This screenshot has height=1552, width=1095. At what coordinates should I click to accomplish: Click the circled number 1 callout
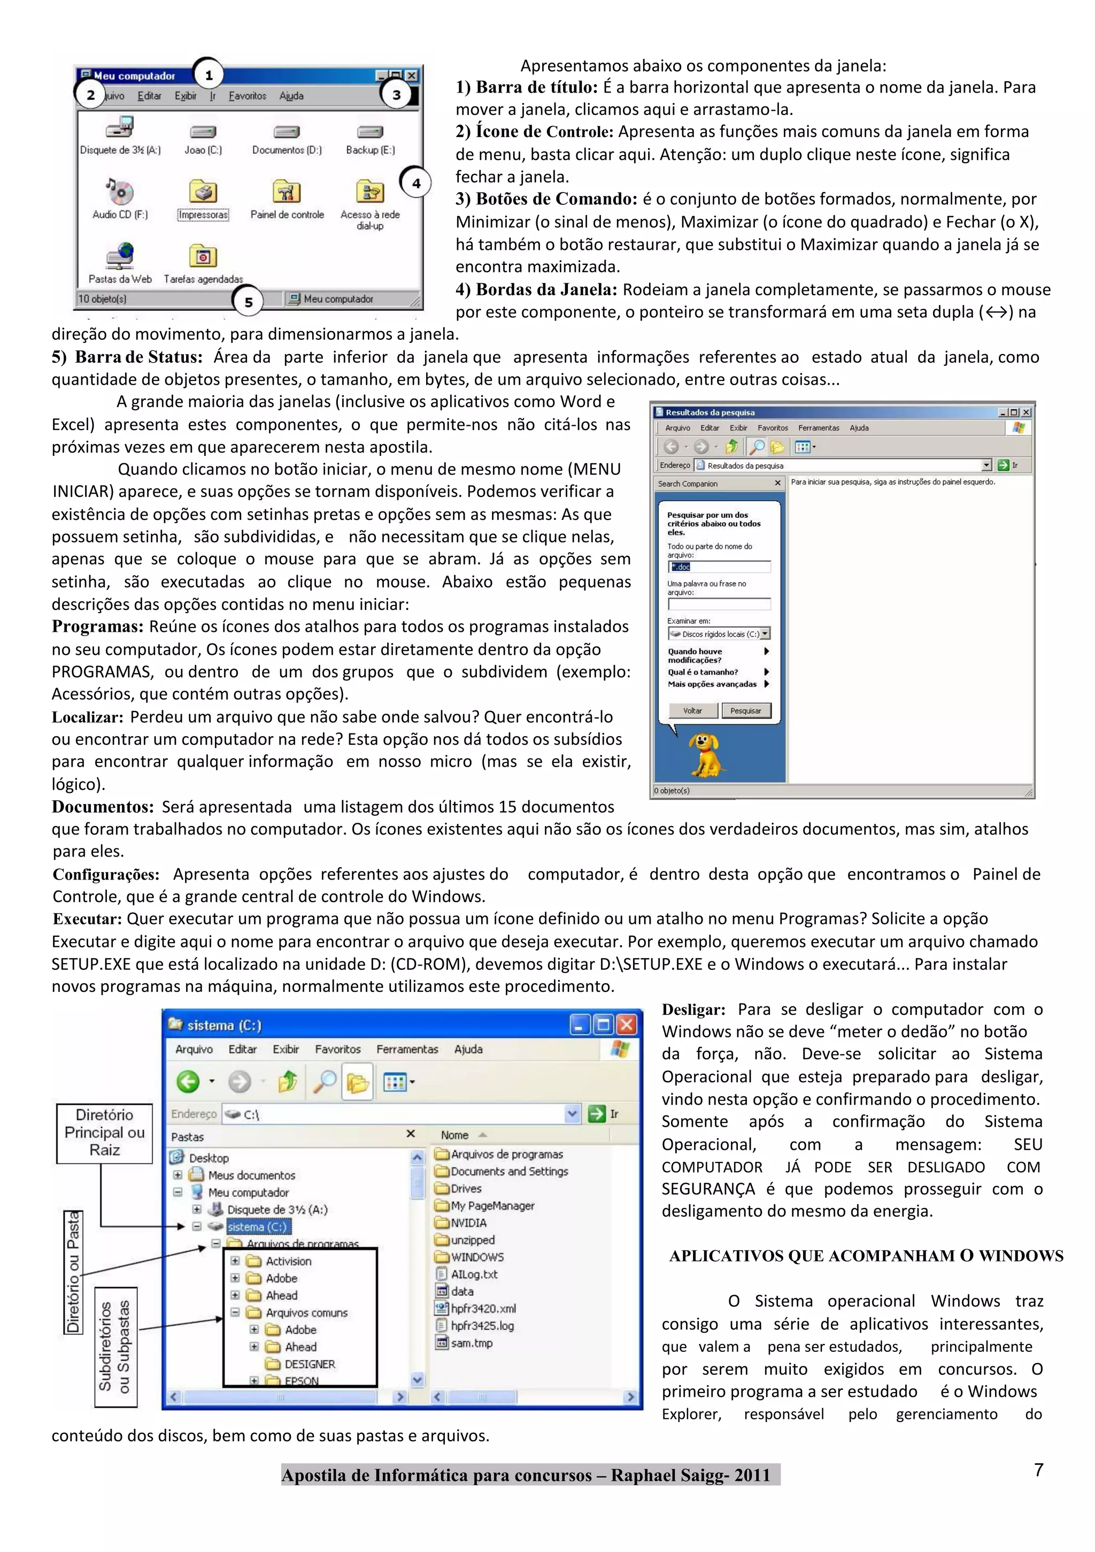tap(209, 75)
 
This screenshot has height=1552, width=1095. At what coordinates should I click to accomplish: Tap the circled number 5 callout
tap(249, 302)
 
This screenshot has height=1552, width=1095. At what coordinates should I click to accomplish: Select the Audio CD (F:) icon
tap(120, 193)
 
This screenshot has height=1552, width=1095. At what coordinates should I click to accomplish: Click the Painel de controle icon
tap(287, 193)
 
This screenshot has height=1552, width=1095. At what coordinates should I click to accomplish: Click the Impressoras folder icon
tap(203, 193)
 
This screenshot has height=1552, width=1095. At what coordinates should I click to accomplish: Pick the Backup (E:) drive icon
tap(370, 132)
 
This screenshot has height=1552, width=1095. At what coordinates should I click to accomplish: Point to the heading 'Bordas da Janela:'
tap(536, 290)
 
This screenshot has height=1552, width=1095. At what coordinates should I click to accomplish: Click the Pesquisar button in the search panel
tap(745, 710)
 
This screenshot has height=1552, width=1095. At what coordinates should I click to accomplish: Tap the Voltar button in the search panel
tap(692, 710)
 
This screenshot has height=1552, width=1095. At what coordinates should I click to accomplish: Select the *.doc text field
tap(718, 567)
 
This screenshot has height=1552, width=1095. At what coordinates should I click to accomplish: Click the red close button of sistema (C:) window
tap(627, 1025)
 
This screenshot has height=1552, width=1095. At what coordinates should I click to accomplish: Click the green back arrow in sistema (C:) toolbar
tap(188, 1082)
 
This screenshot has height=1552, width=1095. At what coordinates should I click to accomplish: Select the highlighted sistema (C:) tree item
tap(257, 1226)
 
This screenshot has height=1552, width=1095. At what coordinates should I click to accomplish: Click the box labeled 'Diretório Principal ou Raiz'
tap(105, 1133)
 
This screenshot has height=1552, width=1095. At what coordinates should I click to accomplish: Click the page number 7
tap(1038, 1470)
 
